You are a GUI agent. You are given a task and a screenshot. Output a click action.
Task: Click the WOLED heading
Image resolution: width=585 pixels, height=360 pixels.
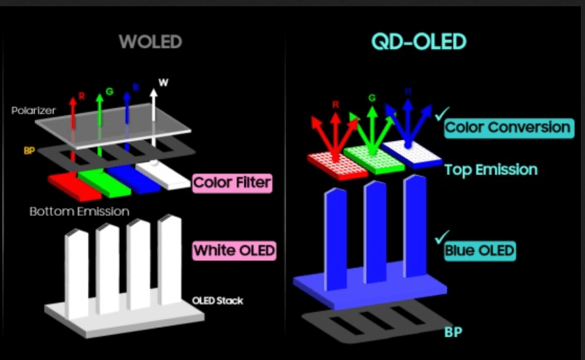click(150, 42)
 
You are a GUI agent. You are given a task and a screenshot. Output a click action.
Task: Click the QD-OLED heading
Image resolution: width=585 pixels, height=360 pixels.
click(418, 42)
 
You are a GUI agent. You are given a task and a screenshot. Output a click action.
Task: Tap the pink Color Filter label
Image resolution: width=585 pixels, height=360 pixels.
click(231, 183)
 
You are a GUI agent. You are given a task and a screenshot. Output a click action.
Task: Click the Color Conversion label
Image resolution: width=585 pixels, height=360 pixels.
click(508, 128)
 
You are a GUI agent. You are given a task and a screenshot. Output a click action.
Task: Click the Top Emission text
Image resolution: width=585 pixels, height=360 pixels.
click(491, 170)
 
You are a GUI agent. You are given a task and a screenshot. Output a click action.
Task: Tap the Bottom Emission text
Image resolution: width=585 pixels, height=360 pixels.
click(79, 211)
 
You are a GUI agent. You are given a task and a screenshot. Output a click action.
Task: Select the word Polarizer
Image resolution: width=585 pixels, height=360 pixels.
click(33, 111)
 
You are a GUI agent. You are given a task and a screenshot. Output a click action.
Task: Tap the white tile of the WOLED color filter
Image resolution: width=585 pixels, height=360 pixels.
click(165, 174)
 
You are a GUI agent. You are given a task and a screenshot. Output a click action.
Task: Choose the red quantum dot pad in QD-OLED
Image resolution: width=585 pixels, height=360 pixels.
click(336, 164)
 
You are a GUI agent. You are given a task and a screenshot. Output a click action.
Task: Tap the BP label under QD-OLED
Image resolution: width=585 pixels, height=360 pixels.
click(453, 332)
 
